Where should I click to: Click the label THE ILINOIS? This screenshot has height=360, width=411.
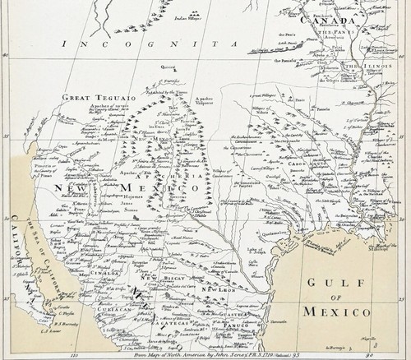click(x=362, y=70)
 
